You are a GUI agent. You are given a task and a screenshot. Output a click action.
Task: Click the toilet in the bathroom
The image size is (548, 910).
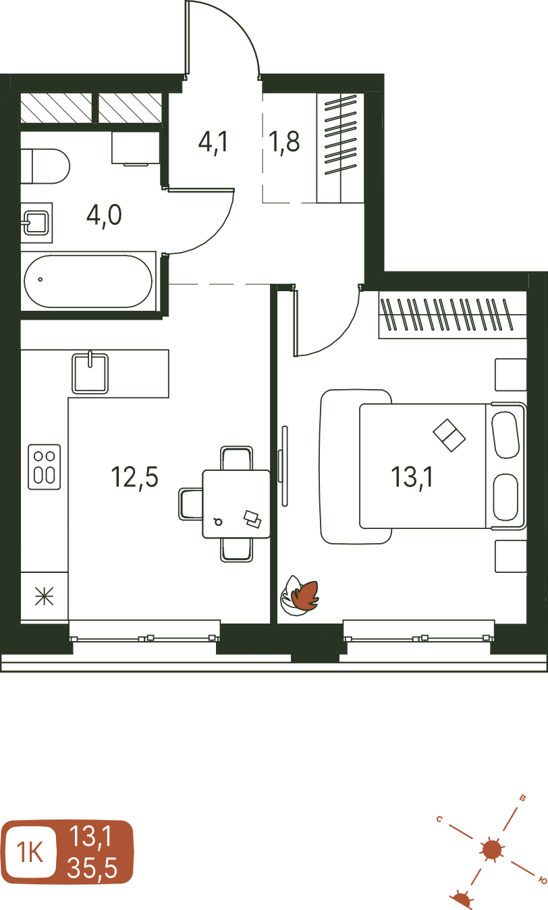(x=45, y=166)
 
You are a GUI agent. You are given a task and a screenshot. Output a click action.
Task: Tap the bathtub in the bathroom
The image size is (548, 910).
(x=88, y=281)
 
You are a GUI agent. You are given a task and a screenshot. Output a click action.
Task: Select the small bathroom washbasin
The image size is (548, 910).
(x=36, y=223)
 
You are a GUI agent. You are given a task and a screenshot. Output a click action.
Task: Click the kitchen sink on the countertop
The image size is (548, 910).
(x=90, y=374)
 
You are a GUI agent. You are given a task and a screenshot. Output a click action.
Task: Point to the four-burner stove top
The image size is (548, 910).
(x=45, y=466)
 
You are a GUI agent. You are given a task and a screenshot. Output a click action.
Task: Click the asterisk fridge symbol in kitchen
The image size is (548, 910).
(x=45, y=596)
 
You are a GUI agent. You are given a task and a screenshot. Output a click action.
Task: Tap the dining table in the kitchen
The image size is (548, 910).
(x=236, y=504)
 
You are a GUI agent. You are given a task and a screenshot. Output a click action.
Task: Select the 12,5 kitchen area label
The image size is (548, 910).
(x=134, y=478)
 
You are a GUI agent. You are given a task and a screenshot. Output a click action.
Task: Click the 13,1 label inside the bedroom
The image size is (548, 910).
(x=412, y=478)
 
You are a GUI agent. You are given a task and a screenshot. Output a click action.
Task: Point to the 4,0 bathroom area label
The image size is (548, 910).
(x=104, y=216)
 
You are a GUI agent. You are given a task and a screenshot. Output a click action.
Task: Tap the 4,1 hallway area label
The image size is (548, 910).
(x=213, y=142)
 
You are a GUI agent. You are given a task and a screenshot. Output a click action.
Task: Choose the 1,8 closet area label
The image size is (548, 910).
(x=284, y=142)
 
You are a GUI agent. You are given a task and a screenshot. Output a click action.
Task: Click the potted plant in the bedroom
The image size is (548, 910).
(x=300, y=595)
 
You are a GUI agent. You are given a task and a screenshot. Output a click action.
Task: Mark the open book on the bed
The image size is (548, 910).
(x=449, y=435)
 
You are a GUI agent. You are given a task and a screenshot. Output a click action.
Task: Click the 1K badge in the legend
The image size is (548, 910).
(x=30, y=853)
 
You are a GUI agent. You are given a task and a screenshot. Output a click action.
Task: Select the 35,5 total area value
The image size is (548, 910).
(x=92, y=868)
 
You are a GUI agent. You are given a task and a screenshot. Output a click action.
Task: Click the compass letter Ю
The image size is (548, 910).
(x=543, y=880)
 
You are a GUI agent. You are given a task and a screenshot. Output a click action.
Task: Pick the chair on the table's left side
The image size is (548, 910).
(x=191, y=504)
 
